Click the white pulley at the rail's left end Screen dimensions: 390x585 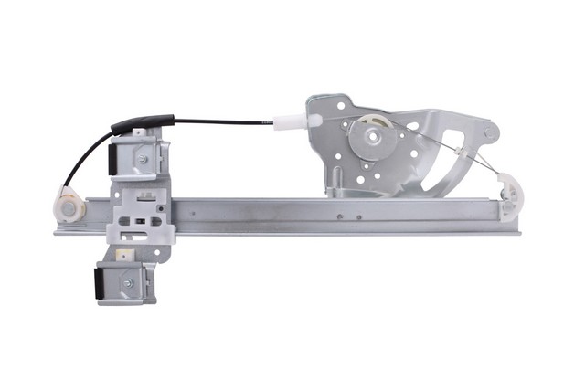69,205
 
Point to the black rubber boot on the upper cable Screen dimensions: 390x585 143,121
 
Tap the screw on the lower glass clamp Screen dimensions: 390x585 127,283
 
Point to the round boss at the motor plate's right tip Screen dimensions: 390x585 491,132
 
